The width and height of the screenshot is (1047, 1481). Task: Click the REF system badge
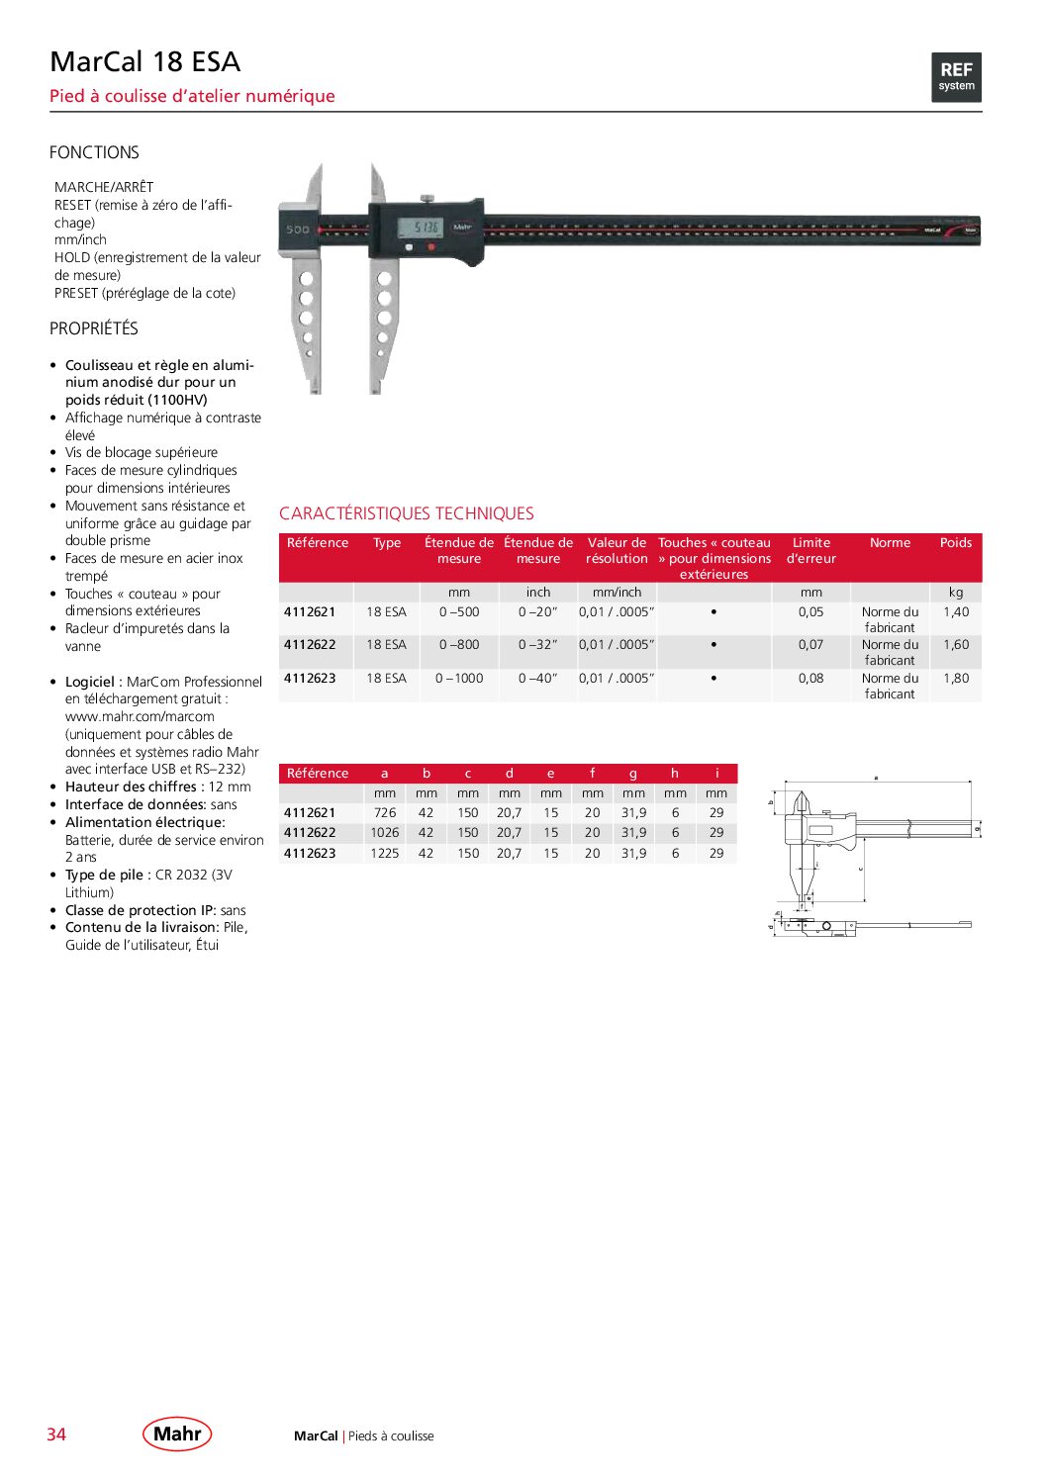pos(956,77)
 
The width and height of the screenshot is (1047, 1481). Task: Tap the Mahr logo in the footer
pos(177,1434)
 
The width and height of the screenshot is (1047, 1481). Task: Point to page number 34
pos(56,1435)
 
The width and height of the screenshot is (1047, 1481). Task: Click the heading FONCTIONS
pos(94,152)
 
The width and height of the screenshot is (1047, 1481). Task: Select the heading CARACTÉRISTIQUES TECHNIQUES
pos(406,513)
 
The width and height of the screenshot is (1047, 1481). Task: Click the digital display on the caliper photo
pos(421,228)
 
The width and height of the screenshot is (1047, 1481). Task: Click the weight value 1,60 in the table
pos(956,645)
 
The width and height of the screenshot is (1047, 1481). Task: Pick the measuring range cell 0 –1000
pos(459,679)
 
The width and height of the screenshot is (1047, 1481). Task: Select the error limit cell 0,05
pos(810,612)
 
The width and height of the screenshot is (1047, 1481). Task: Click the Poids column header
pos(955,543)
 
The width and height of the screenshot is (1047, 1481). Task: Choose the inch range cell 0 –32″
pos(537,645)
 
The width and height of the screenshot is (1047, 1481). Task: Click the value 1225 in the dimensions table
pos(384,854)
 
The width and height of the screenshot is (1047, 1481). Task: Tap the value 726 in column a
pos(384,813)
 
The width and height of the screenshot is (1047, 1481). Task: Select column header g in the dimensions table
pos(633,774)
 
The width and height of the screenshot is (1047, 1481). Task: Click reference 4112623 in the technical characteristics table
pos(310,679)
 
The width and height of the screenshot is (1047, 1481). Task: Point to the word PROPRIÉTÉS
pos(94,328)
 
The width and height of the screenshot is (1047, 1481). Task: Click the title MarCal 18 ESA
pos(145,62)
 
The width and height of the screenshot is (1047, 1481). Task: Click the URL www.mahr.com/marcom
pos(140,716)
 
